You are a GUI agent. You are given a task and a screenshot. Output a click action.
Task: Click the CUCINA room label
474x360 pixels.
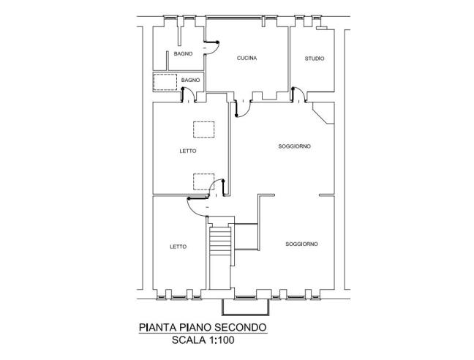click(x=247, y=58)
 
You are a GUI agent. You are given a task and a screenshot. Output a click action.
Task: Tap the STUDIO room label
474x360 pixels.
click(x=315, y=59)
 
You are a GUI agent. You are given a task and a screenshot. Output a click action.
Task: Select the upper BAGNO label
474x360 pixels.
click(x=183, y=55)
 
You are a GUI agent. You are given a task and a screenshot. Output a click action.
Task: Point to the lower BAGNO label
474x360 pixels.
click(x=191, y=79)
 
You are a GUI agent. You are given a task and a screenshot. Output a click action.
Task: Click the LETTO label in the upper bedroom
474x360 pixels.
click(x=187, y=151)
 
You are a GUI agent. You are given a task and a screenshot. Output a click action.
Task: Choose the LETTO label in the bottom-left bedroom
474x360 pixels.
click(x=178, y=247)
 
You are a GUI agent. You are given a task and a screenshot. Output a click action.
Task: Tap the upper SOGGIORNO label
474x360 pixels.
click(x=295, y=146)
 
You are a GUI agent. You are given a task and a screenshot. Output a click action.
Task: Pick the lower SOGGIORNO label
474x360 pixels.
click(x=301, y=243)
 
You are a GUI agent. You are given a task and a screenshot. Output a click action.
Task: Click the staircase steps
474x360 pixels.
click(x=219, y=241)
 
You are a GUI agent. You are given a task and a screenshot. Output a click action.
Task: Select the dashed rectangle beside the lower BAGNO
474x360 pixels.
click(x=165, y=81)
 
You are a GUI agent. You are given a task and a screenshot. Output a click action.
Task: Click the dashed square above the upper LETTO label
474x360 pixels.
click(x=203, y=129)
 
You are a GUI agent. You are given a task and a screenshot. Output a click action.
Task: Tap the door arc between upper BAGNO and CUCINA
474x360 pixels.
click(x=214, y=45)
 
